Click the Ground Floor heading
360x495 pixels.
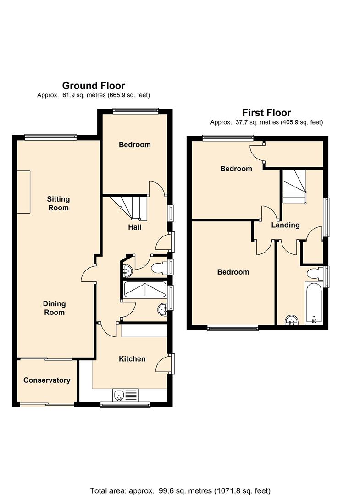[94, 86]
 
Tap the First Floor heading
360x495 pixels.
[266, 113]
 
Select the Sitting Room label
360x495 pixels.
[58, 203]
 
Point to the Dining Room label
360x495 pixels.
[54, 308]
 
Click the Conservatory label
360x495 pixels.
[47, 380]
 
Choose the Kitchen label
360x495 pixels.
[132, 359]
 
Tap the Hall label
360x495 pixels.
[135, 227]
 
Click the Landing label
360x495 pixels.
[285, 225]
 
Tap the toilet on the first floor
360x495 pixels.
[315, 273]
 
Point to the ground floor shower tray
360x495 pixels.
[145, 290]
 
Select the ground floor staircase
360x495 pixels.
[129, 208]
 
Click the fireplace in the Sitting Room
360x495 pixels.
[24, 192]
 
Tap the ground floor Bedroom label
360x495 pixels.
[134, 144]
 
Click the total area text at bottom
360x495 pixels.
[180, 490]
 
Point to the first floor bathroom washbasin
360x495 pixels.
[292, 320]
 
